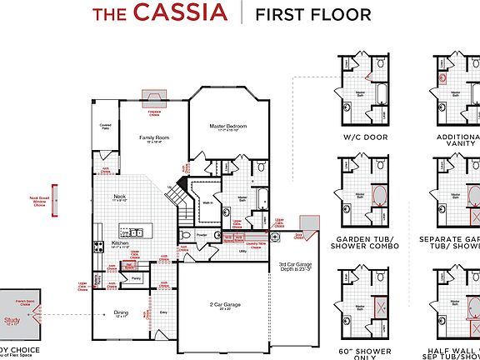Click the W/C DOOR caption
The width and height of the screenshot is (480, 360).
[x=364, y=137]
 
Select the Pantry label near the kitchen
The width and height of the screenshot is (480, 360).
[x=136, y=278]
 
